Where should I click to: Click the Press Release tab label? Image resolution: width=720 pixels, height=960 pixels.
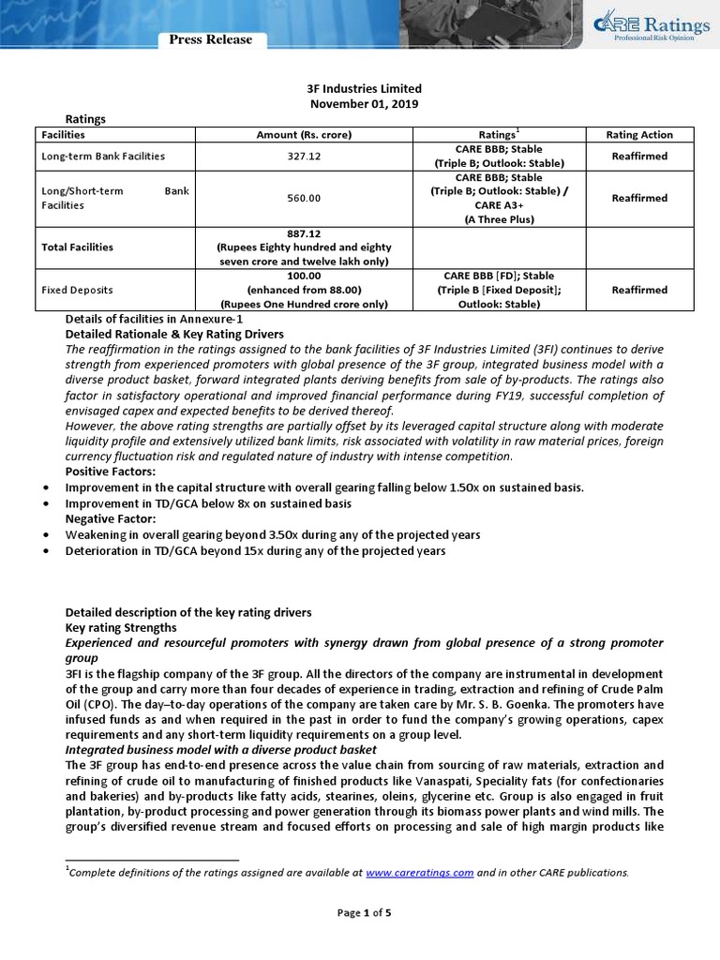point(210,39)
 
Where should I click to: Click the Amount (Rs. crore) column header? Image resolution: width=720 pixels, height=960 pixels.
point(304,135)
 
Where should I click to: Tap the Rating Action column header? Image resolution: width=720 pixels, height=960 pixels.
point(639,135)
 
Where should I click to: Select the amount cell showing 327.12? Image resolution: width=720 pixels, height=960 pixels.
point(304,157)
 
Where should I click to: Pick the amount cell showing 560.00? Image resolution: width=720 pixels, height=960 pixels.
point(304,198)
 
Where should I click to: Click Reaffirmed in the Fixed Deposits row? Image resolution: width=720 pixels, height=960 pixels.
point(639,291)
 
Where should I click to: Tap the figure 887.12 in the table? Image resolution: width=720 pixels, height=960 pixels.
point(304,233)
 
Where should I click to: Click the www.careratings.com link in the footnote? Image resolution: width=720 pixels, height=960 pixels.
point(419,872)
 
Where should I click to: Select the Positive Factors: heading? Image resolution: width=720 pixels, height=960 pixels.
point(110,472)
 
